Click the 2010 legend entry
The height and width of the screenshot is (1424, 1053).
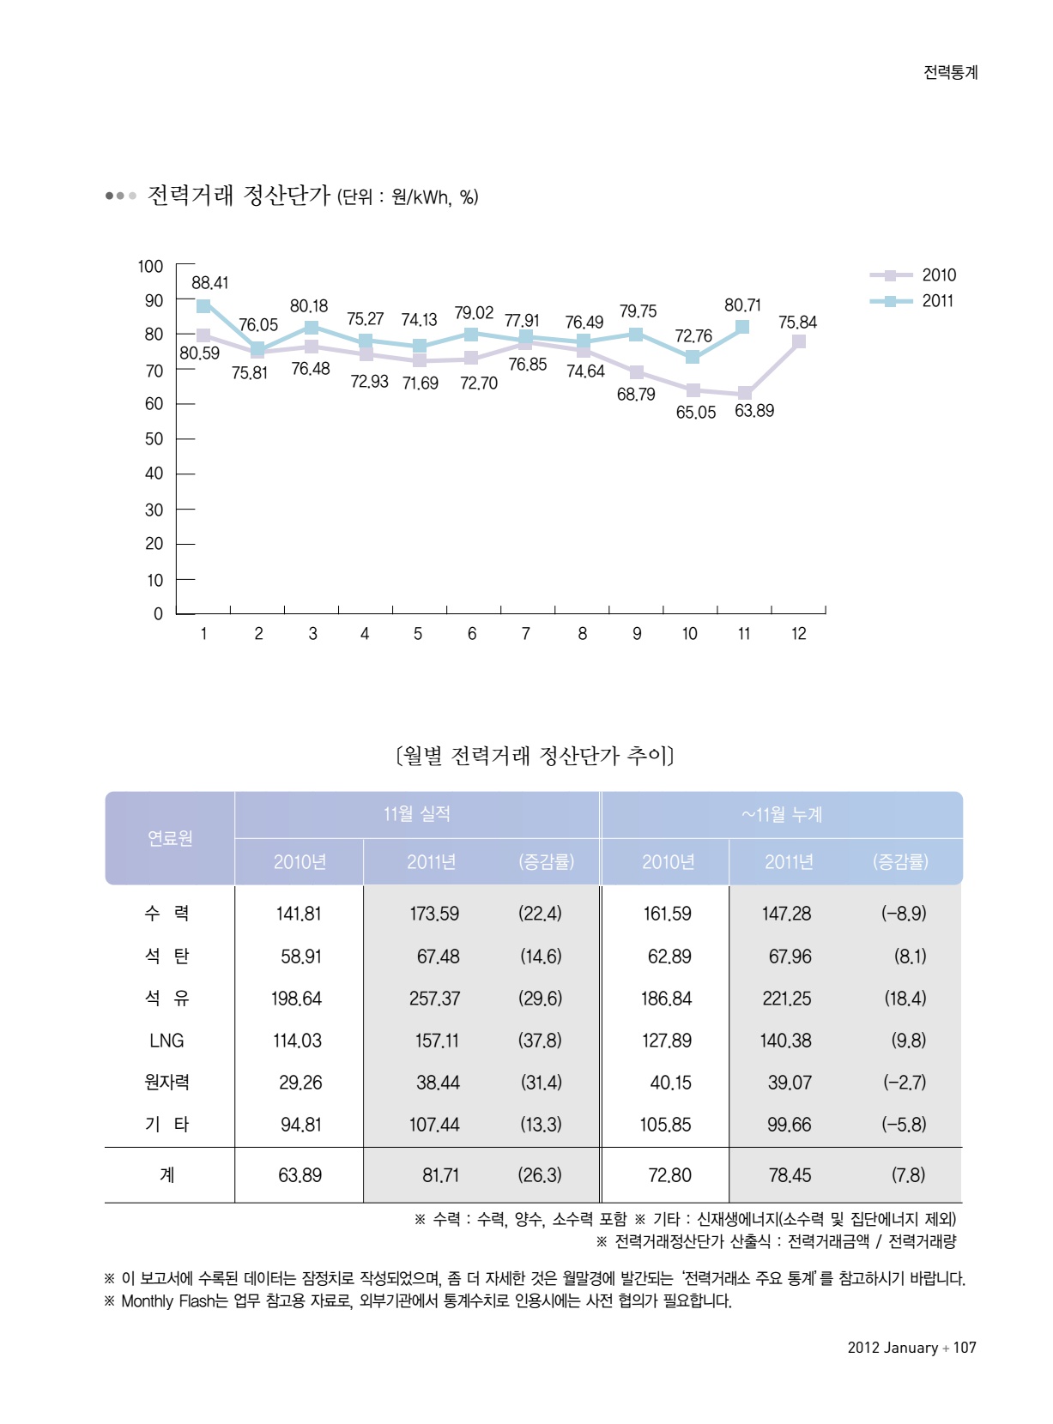click(x=937, y=275)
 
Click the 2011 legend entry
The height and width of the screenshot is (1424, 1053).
click(x=937, y=301)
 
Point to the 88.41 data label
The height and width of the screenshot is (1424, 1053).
click(x=209, y=283)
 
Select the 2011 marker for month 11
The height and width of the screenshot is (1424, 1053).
click(x=742, y=327)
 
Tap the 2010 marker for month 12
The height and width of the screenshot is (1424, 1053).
click(x=798, y=341)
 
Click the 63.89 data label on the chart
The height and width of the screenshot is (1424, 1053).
click(x=753, y=411)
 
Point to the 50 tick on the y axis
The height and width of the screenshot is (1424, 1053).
click(x=154, y=438)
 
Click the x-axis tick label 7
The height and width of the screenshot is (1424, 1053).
click(x=526, y=634)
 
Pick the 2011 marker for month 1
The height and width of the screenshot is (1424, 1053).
click(x=203, y=306)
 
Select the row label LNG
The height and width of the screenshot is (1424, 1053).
click(x=166, y=1041)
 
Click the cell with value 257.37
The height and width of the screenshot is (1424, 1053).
click(x=434, y=999)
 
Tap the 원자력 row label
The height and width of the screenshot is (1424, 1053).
click(x=166, y=1083)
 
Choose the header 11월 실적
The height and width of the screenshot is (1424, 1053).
click(x=416, y=814)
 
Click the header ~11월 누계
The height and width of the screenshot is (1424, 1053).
click(x=781, y=814)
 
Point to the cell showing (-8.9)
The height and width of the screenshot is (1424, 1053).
click(x=903, y=914)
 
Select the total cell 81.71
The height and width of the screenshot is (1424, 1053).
click(x=440, y=1175)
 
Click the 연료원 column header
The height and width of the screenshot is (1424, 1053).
click(x=170, y=838)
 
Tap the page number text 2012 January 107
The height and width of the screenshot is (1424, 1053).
click(x=911, y=1348)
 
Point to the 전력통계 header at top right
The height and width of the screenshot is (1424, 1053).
click(x=950, y=72)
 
